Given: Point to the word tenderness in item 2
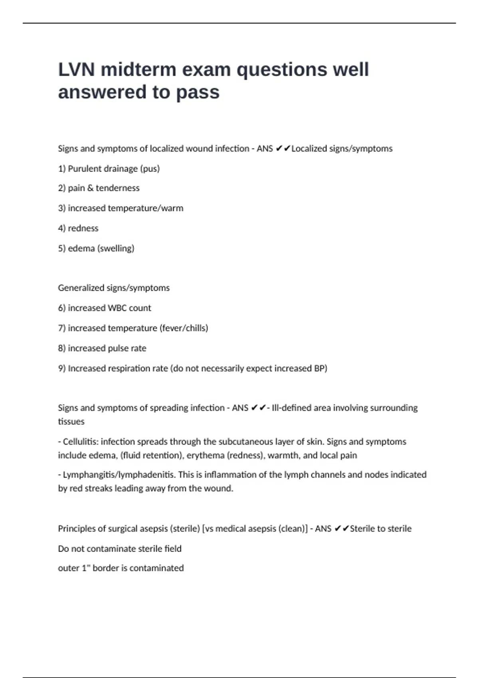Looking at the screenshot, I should coord(117,188).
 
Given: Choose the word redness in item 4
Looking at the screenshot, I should coord(83,229).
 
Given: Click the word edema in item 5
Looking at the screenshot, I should coord(81,248).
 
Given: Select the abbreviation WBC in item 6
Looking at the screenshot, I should coord(117,308).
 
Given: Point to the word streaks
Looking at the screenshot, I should coord(98,489).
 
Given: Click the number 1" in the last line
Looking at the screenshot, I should coord(86,568).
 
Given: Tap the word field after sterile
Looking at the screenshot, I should coord(173,549).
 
